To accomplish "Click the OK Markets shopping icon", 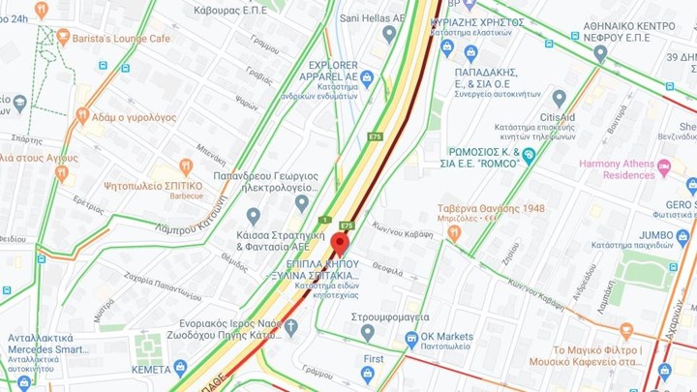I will (x=411, y=337).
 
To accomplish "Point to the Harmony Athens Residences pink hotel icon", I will (x=664, y=167).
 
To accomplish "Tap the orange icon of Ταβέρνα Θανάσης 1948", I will (x=453, y=232).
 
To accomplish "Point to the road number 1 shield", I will (x=326, y=220).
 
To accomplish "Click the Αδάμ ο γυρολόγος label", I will (x=134, y=117).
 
